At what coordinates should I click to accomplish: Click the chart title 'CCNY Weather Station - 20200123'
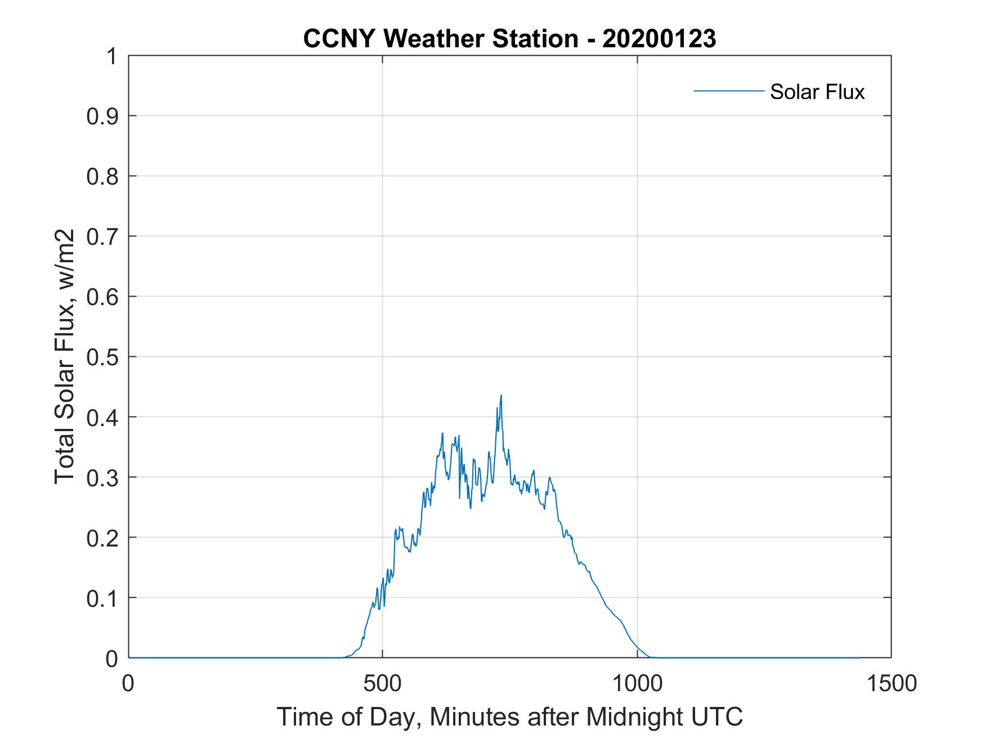click(x=509, y=38)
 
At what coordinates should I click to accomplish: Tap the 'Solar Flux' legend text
click(x=817, y=92)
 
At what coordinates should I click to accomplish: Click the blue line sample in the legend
click(x=728, y=91)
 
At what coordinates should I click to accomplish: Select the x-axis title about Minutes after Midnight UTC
click(x=509, y=716)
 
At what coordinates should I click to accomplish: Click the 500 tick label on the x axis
click(x=383, y=683)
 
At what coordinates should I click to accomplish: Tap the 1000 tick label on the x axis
click(x=637, y=683)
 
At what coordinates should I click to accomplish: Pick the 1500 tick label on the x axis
click(x=890, y=683)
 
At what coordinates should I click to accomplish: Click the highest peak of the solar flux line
click(x=500, y=395)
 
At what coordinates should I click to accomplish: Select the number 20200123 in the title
click(x=659, y=38)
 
